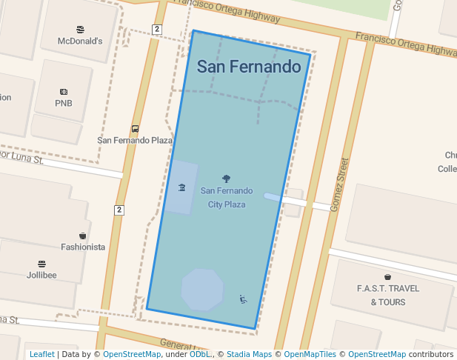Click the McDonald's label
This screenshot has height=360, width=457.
coord(80,41)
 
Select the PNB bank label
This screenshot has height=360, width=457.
coord(64,103)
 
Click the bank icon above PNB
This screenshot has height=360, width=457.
coord(64,92)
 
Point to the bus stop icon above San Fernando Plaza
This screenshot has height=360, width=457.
coord(135,128)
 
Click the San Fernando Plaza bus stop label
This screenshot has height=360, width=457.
coord(135,139)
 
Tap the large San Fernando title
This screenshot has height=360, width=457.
coord(250,67)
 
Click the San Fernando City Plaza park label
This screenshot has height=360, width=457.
coord(227,197)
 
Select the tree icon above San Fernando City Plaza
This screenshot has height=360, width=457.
coord(226,179)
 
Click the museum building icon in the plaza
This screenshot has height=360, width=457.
coord(181,187)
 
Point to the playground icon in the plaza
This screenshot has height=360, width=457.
coord(243,299)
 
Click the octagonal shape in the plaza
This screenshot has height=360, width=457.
coord(202,289)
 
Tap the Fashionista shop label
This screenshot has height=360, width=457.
coord(83,247)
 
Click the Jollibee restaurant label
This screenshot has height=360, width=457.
coord(41,275)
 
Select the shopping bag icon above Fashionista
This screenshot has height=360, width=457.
coord(83,236)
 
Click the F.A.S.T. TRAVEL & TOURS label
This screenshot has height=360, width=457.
coord(387,295)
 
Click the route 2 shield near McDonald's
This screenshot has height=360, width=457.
coord(156,29)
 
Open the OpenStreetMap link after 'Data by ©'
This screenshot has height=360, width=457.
coord(132,354)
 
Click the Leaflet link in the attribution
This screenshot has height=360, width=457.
coord(42,354)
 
